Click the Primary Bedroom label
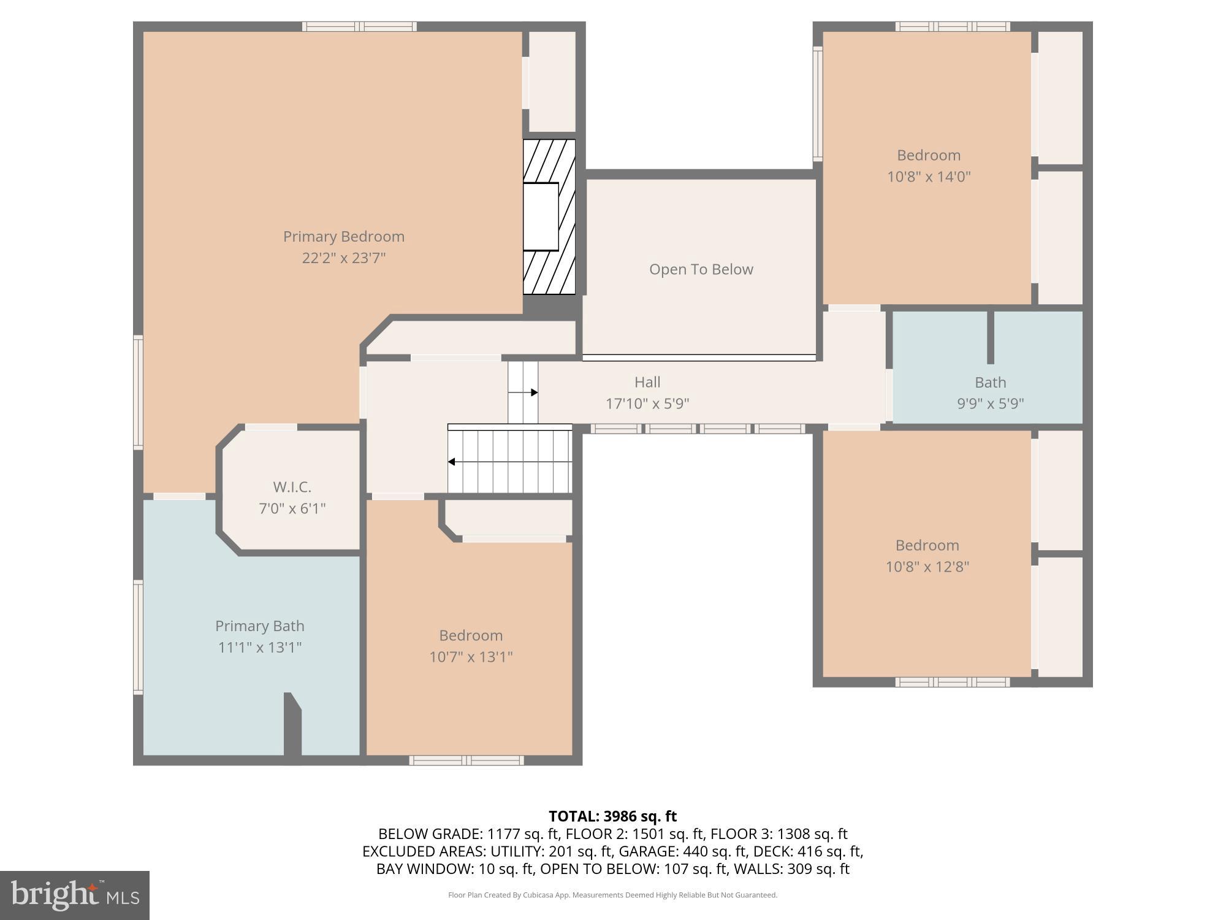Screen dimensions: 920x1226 (x=343, y=236)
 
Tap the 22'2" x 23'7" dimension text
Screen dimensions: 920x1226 (x=343, y=258)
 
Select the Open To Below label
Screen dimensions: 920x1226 (x=701, y=269)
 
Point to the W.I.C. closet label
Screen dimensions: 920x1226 (x=292, y=487)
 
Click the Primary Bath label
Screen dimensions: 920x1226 (x=259, y=626)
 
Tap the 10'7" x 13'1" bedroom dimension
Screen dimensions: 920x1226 (x=470, y=657)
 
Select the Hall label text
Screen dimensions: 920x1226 (x=647, y=382)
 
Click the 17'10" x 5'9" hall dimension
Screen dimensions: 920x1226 (x=647, y=404)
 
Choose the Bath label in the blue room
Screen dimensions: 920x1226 (x=990, y=382)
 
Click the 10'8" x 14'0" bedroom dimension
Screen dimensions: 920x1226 (x=928, y=177)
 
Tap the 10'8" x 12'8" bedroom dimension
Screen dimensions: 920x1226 (x=927, y=567)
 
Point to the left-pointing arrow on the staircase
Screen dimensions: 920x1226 (x=452, y=462)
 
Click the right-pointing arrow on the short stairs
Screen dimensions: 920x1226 (x=533, y=393)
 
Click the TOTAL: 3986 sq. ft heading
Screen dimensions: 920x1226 (x=612, y=816)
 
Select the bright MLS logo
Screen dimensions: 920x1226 (x=74, y=895)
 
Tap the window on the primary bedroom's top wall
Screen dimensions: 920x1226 (x=359, y=26)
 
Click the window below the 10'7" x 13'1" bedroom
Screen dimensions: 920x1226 (x=466, y=761)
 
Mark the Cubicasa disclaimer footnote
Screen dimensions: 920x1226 (x=612, y=895)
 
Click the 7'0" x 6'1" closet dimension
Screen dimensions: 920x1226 (x=292, y=508)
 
